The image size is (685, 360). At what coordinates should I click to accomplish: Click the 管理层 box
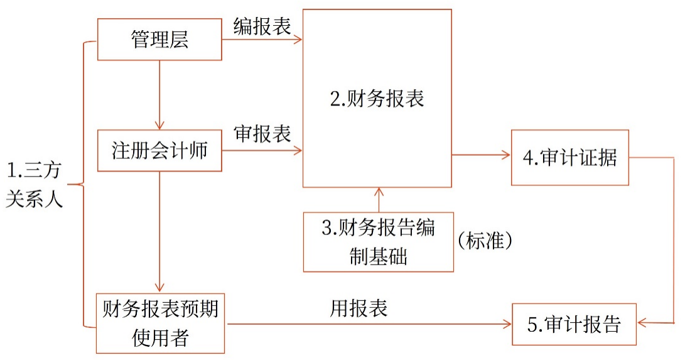tap(159, 40)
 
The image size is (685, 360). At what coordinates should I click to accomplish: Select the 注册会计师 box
tap(159, 151)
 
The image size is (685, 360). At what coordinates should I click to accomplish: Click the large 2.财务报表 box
tap(377, 99)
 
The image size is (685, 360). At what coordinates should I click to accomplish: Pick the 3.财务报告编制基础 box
tap(378, 242)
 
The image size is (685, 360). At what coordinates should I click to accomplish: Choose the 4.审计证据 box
tap(569, 158)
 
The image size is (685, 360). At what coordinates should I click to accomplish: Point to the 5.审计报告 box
tap(574, 324)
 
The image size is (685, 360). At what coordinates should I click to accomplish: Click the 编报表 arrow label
tap(262, 26)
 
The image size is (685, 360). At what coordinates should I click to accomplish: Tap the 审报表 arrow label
tap(262, 134)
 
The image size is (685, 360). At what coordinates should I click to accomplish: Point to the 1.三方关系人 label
tap(35, 185)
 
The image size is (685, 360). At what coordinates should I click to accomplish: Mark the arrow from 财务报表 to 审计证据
tap(480, 155)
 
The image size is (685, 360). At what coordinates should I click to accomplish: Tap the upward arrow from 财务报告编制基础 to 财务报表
tap(378, 199)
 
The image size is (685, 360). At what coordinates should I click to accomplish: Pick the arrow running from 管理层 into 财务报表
tap(262, 40)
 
